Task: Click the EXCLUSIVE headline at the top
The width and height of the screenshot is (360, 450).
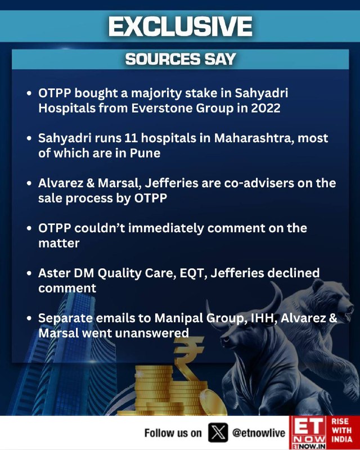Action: (181, 26)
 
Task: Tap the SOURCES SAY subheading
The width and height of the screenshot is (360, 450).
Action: (181, 59)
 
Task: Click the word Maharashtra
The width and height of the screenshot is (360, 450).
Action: (254, 138)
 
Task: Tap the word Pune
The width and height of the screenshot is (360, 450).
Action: (145, 153)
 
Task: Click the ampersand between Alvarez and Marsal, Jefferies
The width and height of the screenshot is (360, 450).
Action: (90, 183)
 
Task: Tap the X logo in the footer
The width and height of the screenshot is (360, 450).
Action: (218, 433)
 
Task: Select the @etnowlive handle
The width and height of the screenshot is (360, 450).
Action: (259, 433)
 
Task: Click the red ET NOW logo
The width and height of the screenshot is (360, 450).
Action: (307, 433)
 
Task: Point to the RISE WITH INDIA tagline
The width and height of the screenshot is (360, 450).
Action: (342, 430)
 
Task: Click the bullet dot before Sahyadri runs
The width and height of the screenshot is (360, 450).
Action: (29, 138)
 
